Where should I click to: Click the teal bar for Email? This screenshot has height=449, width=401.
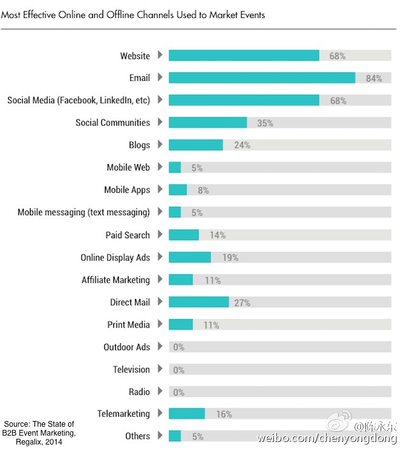point(262,78)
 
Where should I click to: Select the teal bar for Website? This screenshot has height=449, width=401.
point(244,55)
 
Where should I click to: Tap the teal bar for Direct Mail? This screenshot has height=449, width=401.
point(199,302)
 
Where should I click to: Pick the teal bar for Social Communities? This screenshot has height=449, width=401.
point(208,122)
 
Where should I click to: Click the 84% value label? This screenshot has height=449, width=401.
point(374,78)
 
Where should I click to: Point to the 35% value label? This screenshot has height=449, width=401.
point(265,123)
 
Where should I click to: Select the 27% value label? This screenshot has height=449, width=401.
point(242,303)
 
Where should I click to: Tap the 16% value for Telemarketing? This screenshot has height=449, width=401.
point(223,414)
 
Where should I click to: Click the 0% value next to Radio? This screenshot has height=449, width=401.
point(178,392)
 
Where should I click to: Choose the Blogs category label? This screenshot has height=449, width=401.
point(139,145)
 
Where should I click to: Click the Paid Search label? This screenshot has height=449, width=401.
point(127,235)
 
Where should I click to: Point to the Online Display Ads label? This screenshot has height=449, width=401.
point(115,257)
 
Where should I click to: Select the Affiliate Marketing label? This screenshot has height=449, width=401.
point(116,280)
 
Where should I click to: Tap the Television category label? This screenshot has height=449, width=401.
point(131,369)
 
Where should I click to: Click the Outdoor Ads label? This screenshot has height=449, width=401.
point(127,347)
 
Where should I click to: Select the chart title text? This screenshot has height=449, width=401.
point(133,14)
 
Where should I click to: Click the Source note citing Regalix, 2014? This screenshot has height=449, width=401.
point(39,433)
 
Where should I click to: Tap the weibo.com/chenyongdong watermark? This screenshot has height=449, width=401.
point(327,438)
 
